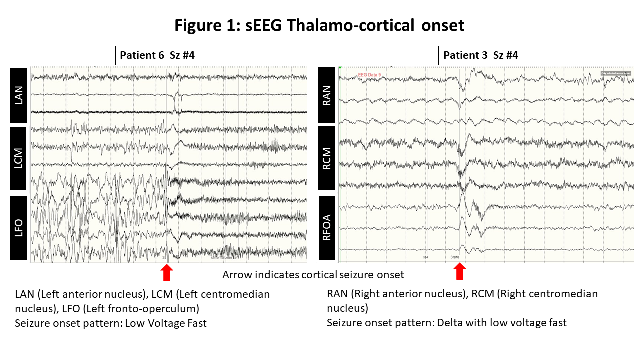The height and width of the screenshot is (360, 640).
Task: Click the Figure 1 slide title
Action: (319, 25)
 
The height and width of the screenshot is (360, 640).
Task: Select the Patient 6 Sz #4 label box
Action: (158, 55)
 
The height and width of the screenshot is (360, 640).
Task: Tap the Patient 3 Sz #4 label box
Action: (481, 55)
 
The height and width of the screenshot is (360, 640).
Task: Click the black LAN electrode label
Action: (19, 95)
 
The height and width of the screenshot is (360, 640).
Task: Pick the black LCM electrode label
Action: (19, 158)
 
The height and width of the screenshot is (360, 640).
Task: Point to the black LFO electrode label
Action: (19, 228)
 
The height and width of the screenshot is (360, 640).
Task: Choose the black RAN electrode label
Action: (327, 95)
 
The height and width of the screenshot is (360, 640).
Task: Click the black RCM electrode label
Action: (327, 158)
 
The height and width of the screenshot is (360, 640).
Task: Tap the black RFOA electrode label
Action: (327, 228)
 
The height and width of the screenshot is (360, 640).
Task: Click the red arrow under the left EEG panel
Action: (167, 273)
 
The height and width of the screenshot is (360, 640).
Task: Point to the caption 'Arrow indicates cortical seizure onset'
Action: (313, 275)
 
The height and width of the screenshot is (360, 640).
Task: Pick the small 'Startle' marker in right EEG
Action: (455, 257)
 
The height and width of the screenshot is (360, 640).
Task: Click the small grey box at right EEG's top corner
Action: (616, 73)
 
